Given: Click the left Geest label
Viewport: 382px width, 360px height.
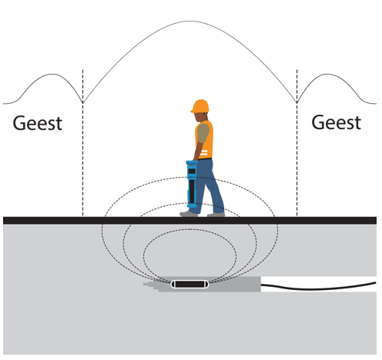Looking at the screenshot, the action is (x=38, y=123).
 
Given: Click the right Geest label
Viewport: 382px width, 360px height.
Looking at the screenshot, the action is (x=337, y=122).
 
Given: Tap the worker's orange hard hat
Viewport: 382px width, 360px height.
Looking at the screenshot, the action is (x=200, y=106).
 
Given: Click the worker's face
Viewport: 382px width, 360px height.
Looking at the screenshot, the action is (x=199, y=117).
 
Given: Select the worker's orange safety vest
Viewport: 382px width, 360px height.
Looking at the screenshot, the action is (x=205, y=140).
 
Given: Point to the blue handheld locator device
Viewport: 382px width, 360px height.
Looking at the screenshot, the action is (x=192, y=184).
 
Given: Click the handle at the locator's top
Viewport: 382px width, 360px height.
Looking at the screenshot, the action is (x=192, y=162).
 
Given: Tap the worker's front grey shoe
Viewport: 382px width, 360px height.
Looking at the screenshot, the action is (x=189, y=214).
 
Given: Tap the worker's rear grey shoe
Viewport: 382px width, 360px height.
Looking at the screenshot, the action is (x=216, y=215).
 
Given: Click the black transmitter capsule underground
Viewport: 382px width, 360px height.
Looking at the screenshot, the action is (x=189, y=284).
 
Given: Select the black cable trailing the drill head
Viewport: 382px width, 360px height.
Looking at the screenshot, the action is (x=319, y=286).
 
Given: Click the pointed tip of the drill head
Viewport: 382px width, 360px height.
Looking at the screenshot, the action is (x=144, y=284).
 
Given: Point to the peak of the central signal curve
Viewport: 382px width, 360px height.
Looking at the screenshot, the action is (x=189, y=21).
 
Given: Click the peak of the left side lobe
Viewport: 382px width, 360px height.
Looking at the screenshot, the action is (x=52, y=74).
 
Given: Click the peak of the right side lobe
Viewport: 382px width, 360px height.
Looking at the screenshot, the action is (x=327, y=74).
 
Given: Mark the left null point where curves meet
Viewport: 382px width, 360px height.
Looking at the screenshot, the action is (x=82, y=103).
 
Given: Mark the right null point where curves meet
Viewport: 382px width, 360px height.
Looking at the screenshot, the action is (x=297, y=103).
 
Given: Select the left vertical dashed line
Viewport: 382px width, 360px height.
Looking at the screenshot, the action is (x=82, y=143).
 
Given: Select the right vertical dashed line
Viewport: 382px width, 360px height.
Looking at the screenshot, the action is (x=297, y=143).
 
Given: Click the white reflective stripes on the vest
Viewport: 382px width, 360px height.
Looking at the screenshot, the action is (x=203, y=153).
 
